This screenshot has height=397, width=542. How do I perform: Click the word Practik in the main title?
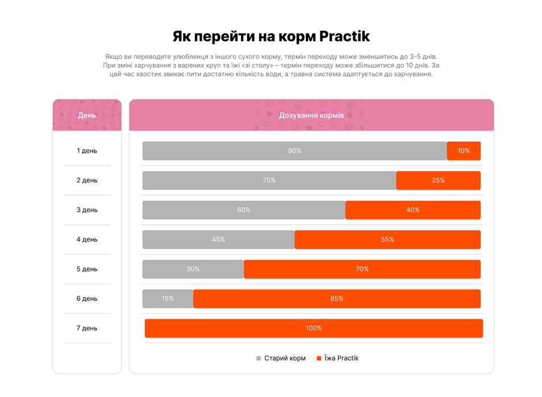[x=344, y=37]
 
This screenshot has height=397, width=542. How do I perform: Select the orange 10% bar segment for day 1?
[x=464, y=151]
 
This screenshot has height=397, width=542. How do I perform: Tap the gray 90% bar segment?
[x=294, y=151]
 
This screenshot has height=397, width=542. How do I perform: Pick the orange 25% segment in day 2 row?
[x=438, y=180]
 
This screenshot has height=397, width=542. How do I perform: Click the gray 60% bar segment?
[x=244, y=210]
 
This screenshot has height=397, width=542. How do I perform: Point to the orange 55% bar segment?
[x=387, y=239]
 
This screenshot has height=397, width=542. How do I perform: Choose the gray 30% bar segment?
[x=193, y=269]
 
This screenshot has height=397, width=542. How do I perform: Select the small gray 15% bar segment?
[x=168, y=298]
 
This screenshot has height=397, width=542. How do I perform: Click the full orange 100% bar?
[x=314, y=328]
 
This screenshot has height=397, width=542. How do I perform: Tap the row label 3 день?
[x=87, y=210]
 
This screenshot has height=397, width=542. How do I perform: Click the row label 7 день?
[x=87, y=328]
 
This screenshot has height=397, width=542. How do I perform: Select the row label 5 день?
[x=87, y=269]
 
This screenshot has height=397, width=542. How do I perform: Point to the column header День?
[x=87, y=115]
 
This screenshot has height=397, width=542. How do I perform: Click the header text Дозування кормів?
[x=311, y=115]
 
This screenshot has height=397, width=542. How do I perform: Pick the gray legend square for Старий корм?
[x=259, y=358]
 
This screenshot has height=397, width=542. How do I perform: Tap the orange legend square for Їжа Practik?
[x=319, y=358]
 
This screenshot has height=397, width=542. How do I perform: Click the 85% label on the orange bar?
[x=337, y=298]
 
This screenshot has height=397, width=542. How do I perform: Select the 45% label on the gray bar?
[x=218, y=239]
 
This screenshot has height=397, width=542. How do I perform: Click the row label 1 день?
[x=87, y=151]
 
